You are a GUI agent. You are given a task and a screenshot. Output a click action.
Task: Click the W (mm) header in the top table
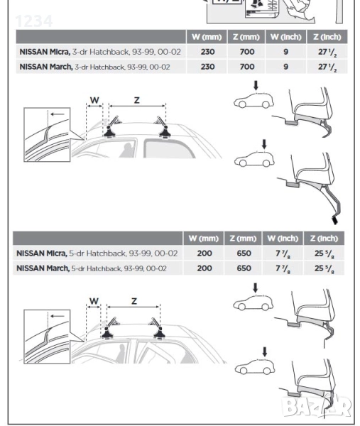coord(207,37)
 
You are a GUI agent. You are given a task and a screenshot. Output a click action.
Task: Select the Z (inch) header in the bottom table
coord(324,239)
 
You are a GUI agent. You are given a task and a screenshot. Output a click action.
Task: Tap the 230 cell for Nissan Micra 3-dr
coord(207,52)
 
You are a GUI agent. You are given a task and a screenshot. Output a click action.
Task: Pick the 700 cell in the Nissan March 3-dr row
coord(247,67)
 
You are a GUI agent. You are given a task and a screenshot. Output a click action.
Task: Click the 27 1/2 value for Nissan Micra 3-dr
coord(327,52)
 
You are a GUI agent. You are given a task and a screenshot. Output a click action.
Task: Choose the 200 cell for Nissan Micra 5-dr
coord(204,253)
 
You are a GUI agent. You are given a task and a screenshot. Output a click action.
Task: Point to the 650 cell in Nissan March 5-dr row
coord(244,268)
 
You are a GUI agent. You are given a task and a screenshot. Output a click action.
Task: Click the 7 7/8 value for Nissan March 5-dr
coord(283,268)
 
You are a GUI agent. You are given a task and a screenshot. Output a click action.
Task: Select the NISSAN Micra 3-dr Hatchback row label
coord(100,52)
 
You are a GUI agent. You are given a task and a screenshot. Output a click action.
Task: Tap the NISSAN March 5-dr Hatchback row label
coord(92,268)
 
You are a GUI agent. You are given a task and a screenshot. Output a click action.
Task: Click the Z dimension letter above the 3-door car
coord(136,100)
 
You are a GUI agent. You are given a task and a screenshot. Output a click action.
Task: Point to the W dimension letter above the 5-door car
coord(94,301)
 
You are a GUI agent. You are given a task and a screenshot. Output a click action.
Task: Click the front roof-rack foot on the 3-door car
coord(110,131)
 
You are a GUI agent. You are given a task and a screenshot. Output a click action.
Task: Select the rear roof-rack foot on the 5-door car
coord(159,332)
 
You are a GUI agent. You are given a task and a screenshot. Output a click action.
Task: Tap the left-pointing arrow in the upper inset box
coord(58,114)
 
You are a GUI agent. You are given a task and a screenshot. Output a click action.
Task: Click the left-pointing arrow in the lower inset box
coord(58,316)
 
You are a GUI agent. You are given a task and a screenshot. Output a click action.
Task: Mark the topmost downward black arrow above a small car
coord(256,85)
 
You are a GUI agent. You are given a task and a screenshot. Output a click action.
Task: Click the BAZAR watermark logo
coord(317,407)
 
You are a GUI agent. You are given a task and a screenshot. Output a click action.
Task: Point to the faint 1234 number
coord(34,21)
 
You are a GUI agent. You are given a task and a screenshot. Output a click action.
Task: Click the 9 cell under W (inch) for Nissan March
coord(286,67)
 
